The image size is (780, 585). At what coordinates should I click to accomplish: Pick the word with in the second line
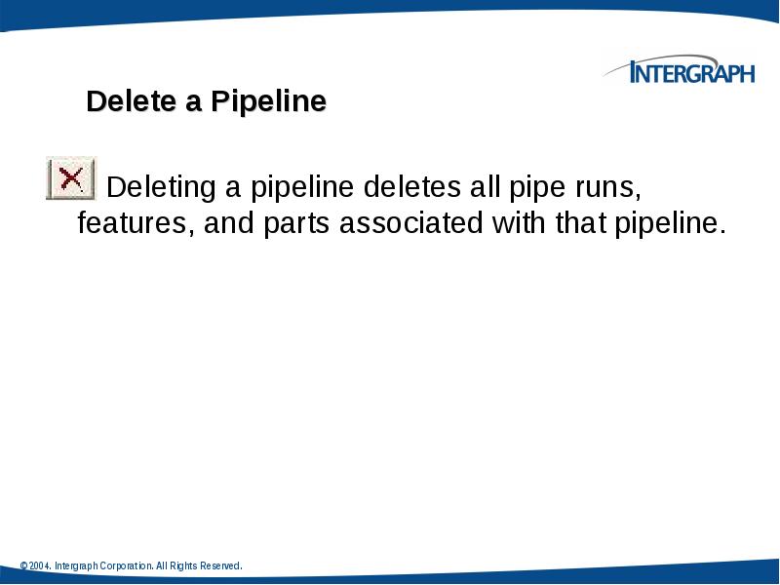point(520,223)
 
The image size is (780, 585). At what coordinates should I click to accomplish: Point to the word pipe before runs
point(528,186)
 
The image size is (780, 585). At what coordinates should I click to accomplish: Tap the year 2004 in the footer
point(40,566)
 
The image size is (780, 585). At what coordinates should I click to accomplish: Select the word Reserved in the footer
point(219,566)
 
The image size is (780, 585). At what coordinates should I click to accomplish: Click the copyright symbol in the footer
point(23,566)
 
